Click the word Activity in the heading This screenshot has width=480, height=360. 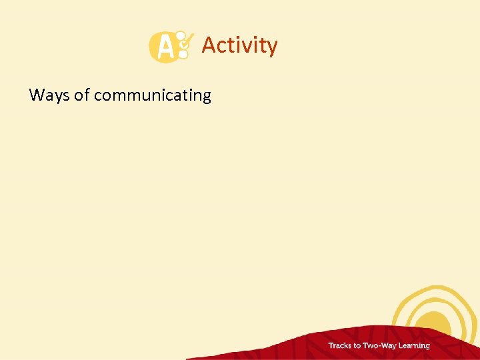point(239,45)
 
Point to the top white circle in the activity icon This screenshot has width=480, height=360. point(179,35)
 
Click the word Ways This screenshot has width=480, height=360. point(50,95)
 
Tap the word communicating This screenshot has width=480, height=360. point(152,96)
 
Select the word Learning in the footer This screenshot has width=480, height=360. point(413,346)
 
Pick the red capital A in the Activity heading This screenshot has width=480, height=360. point(209,45)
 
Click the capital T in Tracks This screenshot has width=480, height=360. point(330,345)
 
